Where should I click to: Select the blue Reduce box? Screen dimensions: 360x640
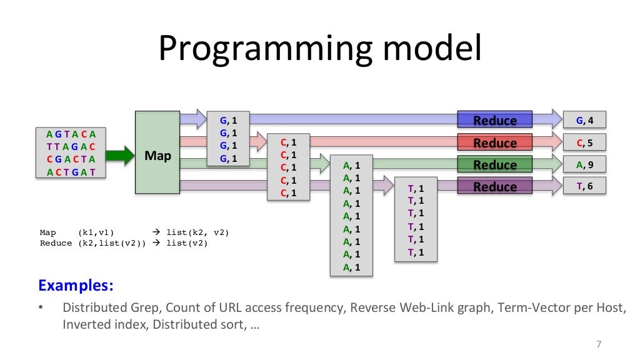(494, 120)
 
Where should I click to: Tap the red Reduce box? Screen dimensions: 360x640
(494, 142)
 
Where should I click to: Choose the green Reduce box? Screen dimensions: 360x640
(494, 164)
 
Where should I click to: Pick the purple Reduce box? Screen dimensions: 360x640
(494, 186)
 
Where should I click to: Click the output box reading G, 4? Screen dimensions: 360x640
(584, 120)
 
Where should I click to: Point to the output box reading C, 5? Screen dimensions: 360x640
(584, 142)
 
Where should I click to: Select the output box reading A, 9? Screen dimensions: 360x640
(584, 164)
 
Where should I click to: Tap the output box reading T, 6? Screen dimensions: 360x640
(584, 186)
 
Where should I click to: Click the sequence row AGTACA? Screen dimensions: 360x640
(71, 134)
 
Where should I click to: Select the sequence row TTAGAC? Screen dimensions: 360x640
(71, 146)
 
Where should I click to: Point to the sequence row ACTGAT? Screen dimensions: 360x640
(71, 172)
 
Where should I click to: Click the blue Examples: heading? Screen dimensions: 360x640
(76, 286)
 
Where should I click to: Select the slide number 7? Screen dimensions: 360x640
(599, 344)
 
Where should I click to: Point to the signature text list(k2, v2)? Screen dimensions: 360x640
(197, 232)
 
